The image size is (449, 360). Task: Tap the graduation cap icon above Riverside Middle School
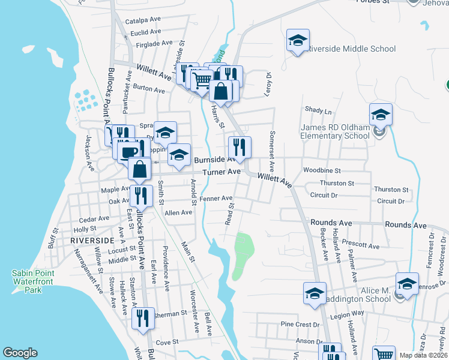pos(297,41)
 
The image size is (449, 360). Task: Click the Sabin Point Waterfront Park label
pos(33,281)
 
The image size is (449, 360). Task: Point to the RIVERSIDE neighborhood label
pos(92,240)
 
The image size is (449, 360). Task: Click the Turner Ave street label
pos(221,172)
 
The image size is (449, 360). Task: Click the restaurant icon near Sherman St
pos(143,317)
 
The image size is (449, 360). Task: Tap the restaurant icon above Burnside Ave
pos(240,148)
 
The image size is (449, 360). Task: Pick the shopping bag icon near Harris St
pos(221,91)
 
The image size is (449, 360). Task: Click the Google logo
pos(20,353)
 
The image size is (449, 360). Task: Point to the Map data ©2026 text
pos(423,355)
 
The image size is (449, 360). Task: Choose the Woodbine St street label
pos(322,170)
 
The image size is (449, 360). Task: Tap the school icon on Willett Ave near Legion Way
pos(314,293)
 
